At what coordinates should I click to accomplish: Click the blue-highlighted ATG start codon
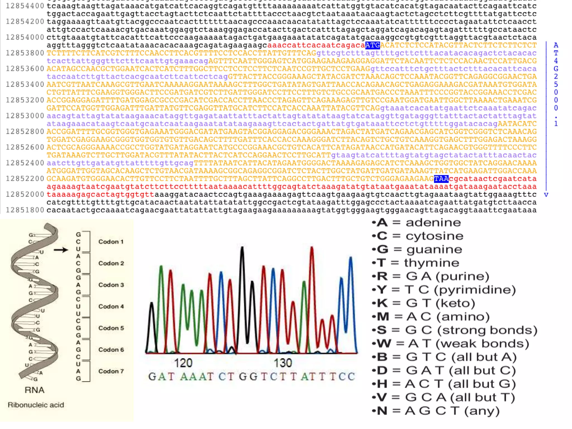[372, 45]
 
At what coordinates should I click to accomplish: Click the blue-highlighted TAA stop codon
[441, 179]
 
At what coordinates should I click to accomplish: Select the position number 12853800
[25, 53]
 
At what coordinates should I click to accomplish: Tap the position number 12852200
[25, 179]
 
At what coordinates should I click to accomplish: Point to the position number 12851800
[25, 210]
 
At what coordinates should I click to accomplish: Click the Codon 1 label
[111, 242]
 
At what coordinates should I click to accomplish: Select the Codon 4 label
[111, 306]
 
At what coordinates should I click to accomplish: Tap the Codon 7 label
[111, 371]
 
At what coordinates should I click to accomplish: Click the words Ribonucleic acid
[36, 405]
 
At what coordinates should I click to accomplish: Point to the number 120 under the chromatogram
[183, 363]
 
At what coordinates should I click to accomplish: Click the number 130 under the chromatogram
[283, 363]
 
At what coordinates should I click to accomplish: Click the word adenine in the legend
[433, 223]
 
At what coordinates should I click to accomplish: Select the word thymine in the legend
[432, 263]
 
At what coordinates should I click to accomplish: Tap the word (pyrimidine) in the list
[475, 290]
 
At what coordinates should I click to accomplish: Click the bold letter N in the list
[382, 411]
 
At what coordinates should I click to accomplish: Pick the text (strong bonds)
[487, 330]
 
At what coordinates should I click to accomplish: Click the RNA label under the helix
[34, 390]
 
